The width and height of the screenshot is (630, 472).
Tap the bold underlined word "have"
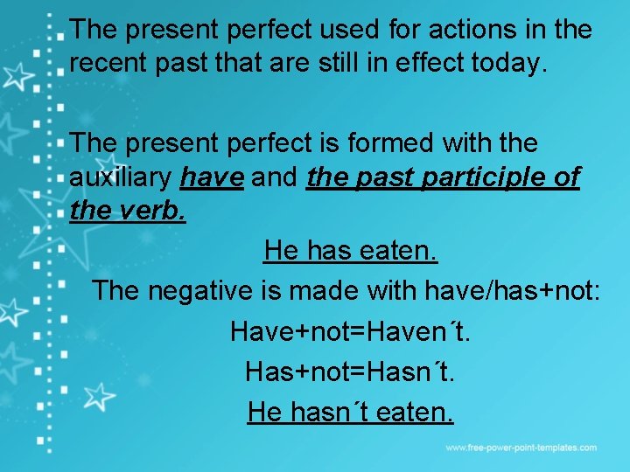[x=212, y=177]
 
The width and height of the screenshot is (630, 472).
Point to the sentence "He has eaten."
[x=350, y=252]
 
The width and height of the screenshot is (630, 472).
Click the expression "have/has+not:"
[x=512, y=289]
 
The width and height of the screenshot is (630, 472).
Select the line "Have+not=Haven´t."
[x=350, y=331]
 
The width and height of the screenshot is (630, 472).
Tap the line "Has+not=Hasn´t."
[x=350, y=371]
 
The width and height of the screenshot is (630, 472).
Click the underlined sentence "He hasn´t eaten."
[x=350, y=410]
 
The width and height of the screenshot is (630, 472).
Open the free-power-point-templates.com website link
[x=521, y=448]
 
